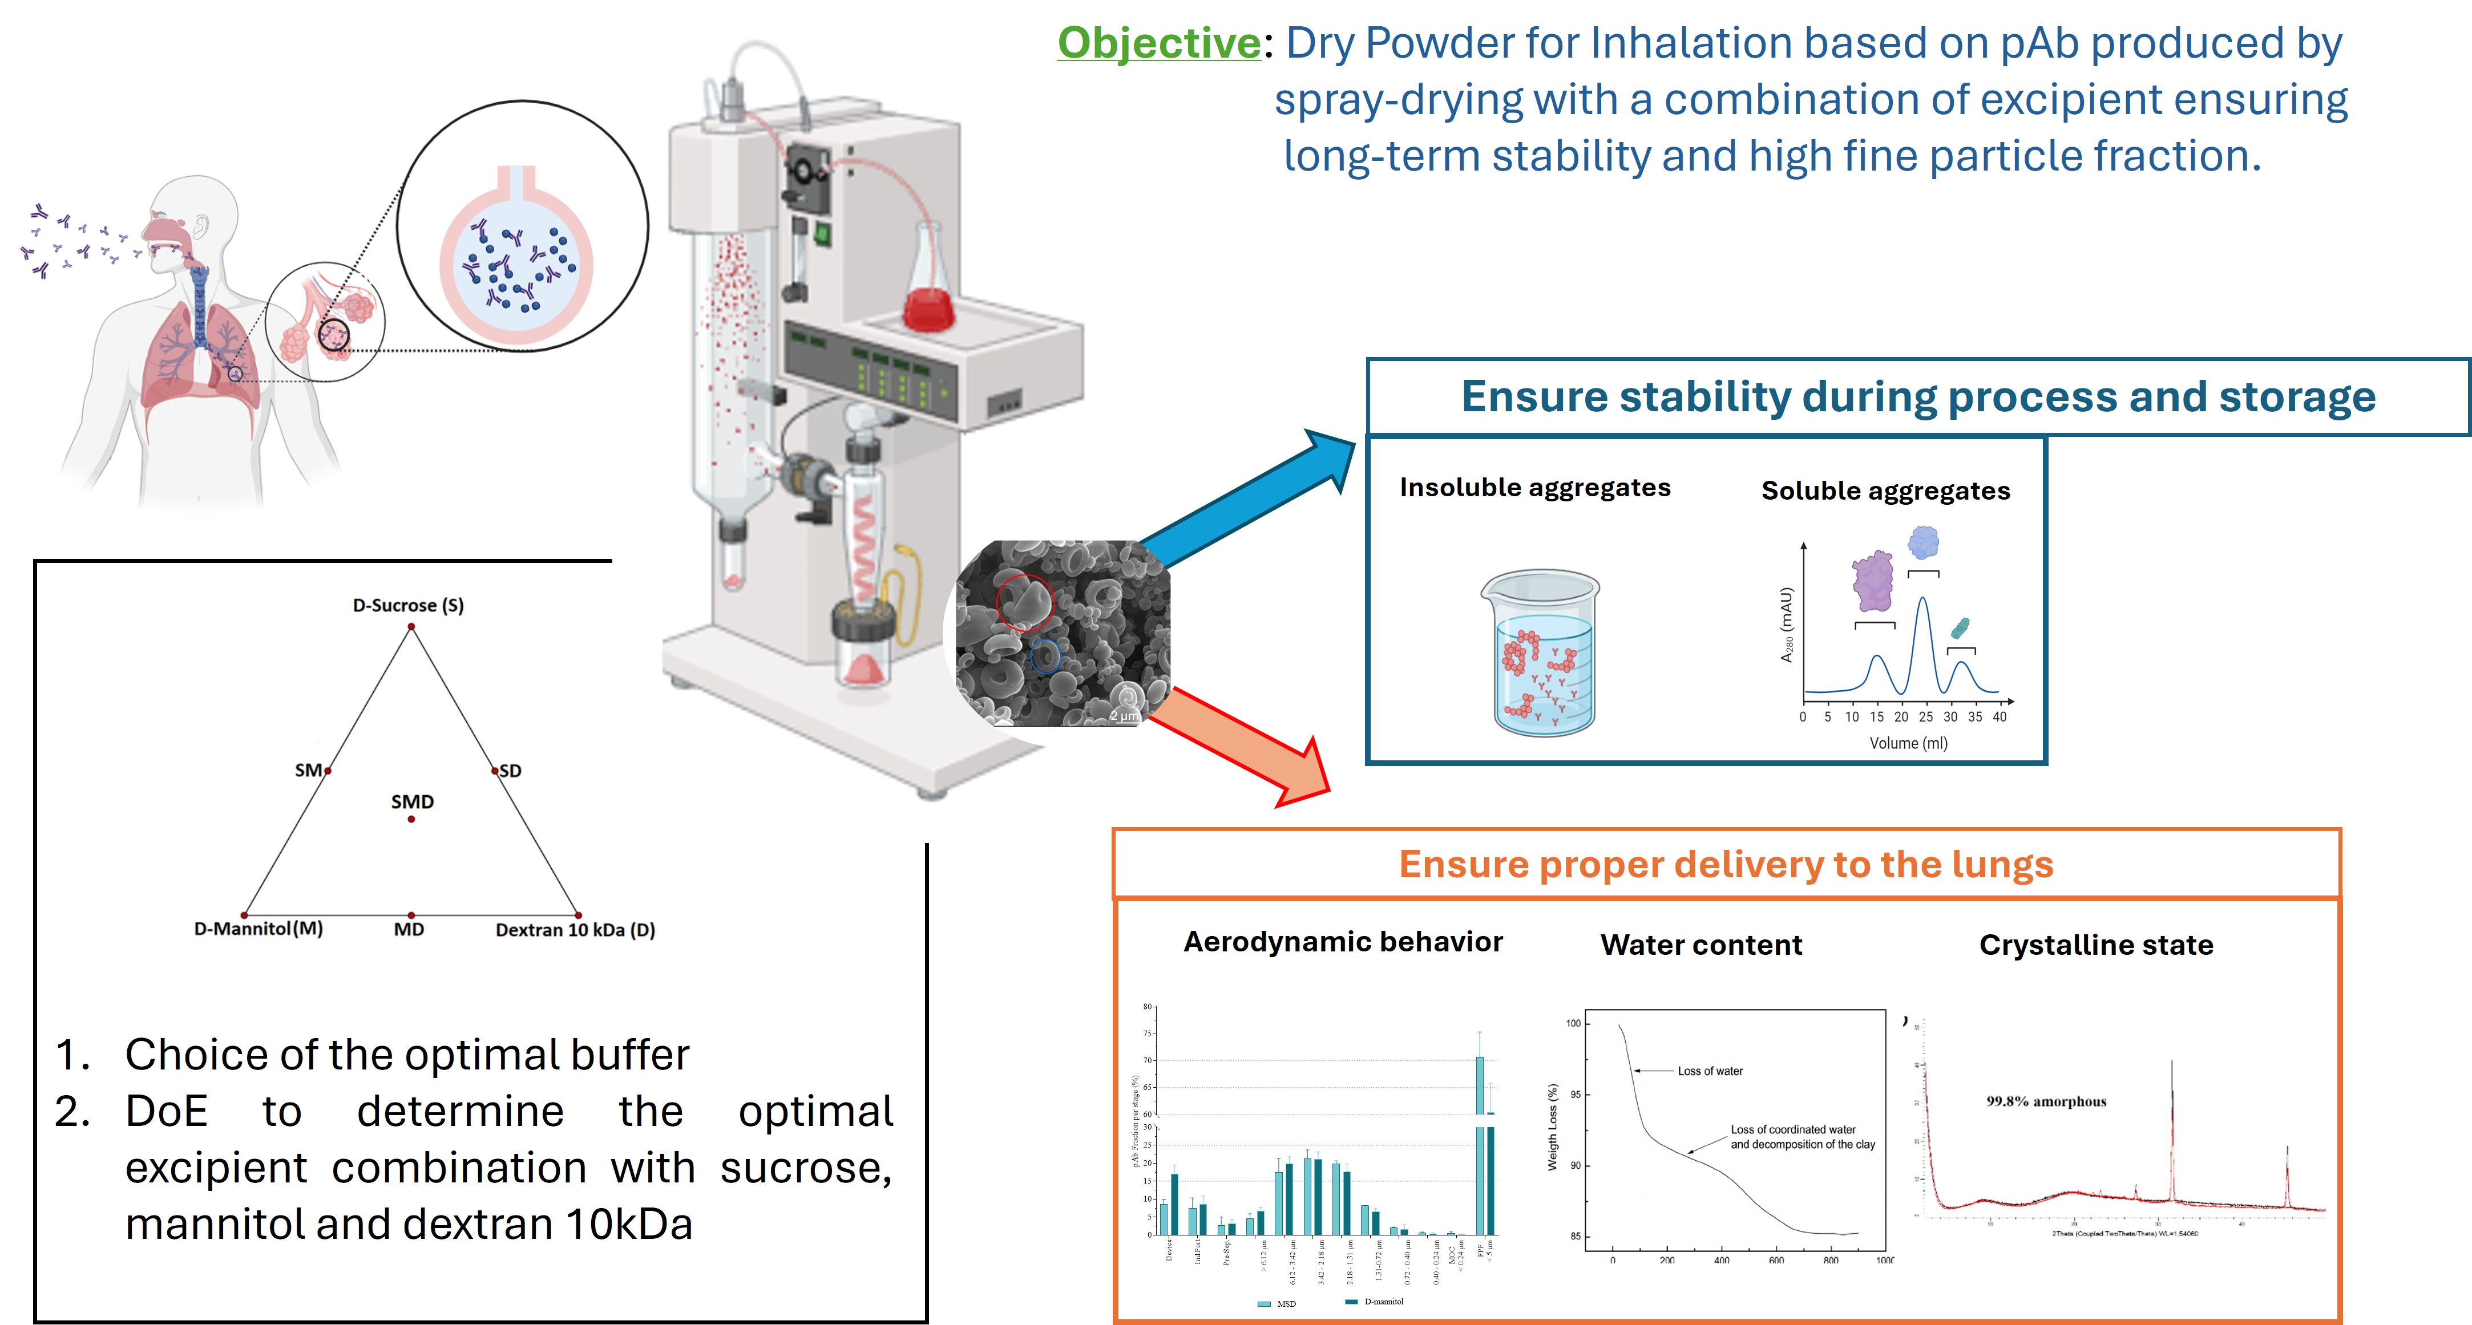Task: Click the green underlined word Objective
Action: (1158, 43)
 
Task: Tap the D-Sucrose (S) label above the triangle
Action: (408, 605)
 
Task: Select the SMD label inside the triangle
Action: (411, 801)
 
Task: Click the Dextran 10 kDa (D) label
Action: (575, 930)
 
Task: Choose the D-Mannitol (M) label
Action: (258, 929)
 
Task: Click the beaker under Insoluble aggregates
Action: (1541, 653)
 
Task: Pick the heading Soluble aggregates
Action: (1885, 491)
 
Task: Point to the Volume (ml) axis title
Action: (1908, 744)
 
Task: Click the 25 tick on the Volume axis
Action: (1925, 717)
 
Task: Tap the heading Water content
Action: (1700, 945)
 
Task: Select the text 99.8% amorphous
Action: (2046, 1101)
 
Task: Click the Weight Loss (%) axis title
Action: (1552, 1127)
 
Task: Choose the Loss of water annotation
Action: (1709, 1071)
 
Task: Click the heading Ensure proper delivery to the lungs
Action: (1726, 865)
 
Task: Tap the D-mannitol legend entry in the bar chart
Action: (1382, 1302)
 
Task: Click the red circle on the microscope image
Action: (1024, 602)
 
